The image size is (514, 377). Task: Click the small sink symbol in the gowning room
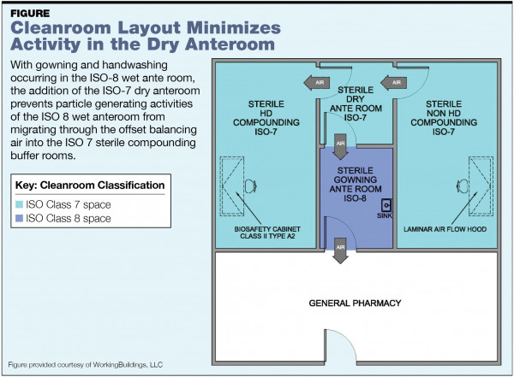click(x=386, y=205)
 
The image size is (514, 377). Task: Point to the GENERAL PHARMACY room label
click(x=354, y=303)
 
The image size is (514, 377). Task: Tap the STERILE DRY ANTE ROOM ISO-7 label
click(x=354, y=103)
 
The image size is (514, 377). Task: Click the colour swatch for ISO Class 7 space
click(x=20, y=203)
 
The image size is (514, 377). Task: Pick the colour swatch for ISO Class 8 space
click(x=20, y=219)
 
